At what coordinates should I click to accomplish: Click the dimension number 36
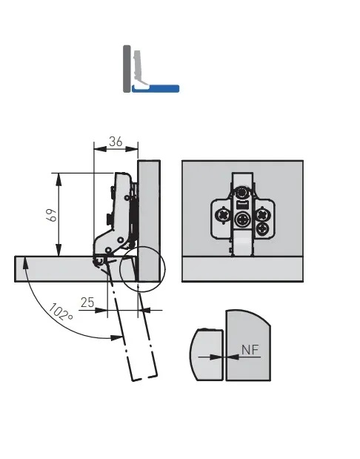coord(116,142)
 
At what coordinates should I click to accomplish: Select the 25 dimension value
coord(87,303)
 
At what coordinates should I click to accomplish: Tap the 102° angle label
coord(60,312)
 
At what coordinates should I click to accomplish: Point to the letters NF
coord(250,349)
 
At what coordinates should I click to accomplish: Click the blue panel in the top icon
coord(156,89)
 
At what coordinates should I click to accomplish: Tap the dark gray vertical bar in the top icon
coord(127,69)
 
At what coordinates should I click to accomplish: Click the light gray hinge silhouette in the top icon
coord(141,69)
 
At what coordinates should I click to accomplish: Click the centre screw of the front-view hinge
coord(242,219)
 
